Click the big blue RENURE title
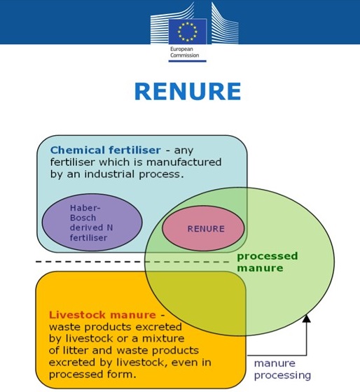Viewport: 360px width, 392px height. pos(188,91)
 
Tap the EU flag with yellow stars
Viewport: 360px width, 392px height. pos(188,31)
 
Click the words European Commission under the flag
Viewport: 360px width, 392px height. pos(185,52)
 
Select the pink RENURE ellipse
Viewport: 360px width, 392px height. pos(203,228)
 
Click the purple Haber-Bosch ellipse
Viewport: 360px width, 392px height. pos(92,223)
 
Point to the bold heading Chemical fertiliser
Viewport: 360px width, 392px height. pos(105,150)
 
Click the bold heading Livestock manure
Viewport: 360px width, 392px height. pos(102,315)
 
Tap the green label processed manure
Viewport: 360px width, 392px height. pos(267,262)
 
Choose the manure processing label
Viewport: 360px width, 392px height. pos(282,370)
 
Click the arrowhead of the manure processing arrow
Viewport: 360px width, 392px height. pos(307,318)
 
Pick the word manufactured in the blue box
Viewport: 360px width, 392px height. pos(184,162)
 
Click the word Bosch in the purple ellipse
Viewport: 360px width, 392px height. pos(83,218)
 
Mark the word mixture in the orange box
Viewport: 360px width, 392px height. pos(163,339)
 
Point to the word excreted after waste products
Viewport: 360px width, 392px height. pos(161,327)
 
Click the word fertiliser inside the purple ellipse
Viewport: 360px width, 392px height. pos(88,237)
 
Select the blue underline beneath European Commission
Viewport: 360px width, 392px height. pos(188,61)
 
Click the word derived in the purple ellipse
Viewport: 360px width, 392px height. pos(86,227)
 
